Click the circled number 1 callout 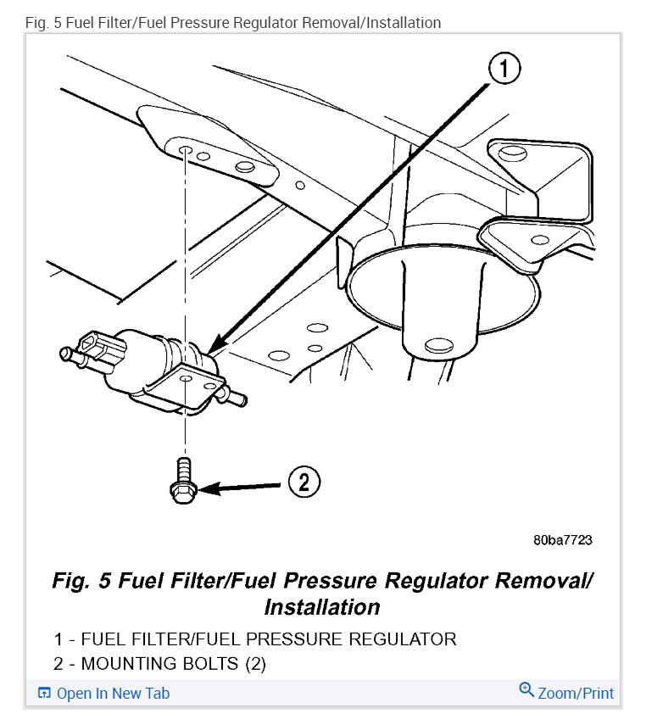tap(505, 70)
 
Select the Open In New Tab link tap(113, 693)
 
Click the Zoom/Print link tap(576, 693)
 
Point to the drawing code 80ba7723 tap(562, 539)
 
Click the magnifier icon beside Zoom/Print tap(526, 691)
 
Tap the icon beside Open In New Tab tap(45, 694)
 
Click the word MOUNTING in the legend tap(131, 664)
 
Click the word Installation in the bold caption tap(321, 607)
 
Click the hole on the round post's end tap(437, 344)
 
